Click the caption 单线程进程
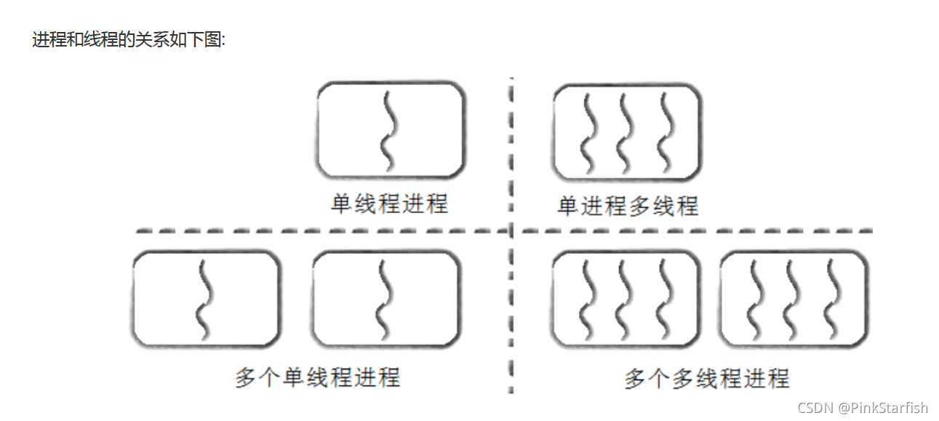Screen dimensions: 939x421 [x=389, y=204]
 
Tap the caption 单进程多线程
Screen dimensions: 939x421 [x=627, y=206]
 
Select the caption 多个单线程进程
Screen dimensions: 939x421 [x=317, y=377]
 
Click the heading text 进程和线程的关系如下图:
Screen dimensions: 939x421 [x=129, y=40]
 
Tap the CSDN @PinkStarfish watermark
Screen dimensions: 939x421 [x=863, y=407]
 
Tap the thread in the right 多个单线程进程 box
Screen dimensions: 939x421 [x=383, y=300]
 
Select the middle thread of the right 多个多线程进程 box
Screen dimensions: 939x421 [x=792, y=300]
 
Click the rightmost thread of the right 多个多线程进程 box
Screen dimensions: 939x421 [x=832, y=300]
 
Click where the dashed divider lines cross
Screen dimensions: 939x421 [x=511, y=231]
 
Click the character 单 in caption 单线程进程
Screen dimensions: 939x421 [x=342, y=204]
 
